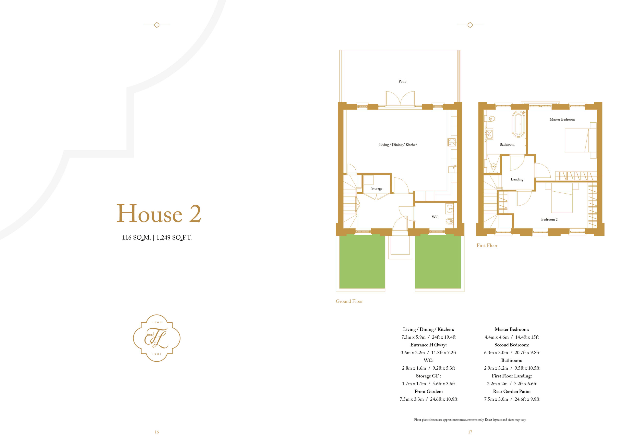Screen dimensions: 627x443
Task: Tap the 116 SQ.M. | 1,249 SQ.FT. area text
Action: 157,237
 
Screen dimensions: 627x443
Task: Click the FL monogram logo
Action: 157,338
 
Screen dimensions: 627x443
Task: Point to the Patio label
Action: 402,81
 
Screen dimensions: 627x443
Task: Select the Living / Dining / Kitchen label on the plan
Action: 398,145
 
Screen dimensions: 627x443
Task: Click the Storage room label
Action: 377,188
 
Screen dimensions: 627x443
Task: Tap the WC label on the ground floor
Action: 435,217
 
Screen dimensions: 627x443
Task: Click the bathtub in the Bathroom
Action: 518,124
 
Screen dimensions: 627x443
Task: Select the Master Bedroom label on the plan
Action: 562,119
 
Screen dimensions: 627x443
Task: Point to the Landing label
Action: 517,179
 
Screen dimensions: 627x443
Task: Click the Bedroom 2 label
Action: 549,220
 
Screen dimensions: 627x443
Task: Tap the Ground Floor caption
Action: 349,301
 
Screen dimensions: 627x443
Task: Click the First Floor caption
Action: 487,245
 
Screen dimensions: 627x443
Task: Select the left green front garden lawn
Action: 362,261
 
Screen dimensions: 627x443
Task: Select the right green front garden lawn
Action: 438,261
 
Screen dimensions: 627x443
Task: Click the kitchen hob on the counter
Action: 451,142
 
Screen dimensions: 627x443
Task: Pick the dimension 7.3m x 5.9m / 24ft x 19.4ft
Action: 428,337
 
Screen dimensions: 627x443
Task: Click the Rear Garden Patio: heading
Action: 511,391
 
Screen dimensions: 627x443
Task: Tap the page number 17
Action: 470,432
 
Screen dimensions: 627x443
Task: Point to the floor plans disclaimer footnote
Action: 470,420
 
